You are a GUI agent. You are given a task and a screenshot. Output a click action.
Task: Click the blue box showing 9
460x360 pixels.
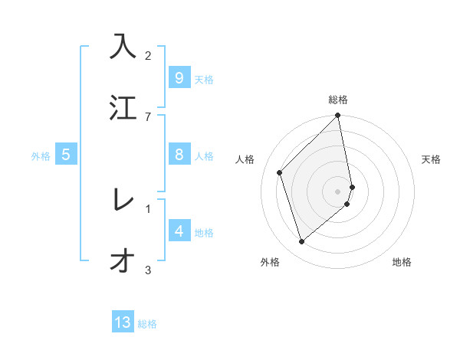click(x=179, y=78)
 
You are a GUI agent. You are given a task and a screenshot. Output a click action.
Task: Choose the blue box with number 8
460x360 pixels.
click(x=179, y=155)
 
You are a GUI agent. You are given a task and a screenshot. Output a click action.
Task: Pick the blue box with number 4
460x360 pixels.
click(x=179, y=231)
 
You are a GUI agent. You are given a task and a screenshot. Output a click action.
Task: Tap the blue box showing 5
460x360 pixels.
click(x=66, y=155)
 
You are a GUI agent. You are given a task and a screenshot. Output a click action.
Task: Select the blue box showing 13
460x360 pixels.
click(x=123, y=322)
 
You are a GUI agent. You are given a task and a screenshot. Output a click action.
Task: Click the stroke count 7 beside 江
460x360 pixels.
click(x=148, y=116)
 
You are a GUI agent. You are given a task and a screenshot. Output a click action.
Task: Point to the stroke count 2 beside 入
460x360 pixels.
click(x=148, y=55)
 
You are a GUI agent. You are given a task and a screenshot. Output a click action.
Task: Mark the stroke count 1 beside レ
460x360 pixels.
click(x=148, y=208)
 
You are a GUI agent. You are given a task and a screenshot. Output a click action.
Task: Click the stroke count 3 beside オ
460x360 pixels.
click(x=148, y=270)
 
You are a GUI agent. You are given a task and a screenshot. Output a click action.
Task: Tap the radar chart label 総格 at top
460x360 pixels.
click(x=338, y=100)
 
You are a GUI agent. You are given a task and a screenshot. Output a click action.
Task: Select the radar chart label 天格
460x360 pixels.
click(x=432, y=159)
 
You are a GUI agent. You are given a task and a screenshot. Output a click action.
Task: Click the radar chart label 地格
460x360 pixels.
click(x=402, y=262)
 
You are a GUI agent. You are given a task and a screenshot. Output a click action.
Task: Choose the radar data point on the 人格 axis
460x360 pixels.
click(x=280, y=172)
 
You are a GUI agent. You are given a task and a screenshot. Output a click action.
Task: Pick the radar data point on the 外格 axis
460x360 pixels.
click(x=301, y=242)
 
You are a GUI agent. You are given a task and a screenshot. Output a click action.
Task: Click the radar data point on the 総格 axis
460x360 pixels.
click(x=338, y=116)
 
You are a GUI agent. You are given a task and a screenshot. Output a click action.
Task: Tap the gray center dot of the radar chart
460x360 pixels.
click(x=338, y=191)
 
